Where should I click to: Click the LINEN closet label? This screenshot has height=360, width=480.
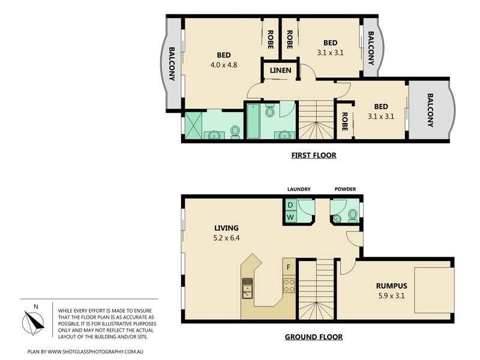(x=280, y=70)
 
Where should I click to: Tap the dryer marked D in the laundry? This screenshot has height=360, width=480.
(x=290, y=205)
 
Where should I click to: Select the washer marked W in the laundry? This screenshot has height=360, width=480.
(x=290, y=217)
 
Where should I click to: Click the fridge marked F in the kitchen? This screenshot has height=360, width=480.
(x=289, y=268)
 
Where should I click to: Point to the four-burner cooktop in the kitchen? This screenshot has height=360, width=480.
(x=289, y=286)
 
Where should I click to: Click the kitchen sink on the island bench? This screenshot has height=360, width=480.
(x=247, y=288)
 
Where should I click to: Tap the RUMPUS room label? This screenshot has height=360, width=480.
(x=392, y=286)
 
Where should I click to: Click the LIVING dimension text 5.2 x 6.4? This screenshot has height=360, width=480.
(x=226, y=238)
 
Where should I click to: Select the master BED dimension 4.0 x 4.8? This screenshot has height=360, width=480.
(x=223, y=65)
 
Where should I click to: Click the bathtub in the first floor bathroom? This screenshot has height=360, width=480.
(x=253, y=121)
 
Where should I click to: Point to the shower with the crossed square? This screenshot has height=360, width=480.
(x=194, y=125)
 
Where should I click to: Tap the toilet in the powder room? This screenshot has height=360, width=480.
(x=353, y=216)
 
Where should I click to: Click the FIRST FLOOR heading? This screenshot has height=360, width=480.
(x=314, y=155)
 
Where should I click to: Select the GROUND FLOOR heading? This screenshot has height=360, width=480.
(x=314, y=337)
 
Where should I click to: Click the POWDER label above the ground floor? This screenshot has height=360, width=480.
(x=346, y=189)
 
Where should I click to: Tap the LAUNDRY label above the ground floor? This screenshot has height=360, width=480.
(x=299, y=189)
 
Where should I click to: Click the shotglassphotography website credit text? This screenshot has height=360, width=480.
(x=85, y=352)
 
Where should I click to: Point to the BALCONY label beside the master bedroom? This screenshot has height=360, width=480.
(x=172, y=64)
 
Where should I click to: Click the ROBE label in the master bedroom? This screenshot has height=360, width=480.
(x=271, y=39)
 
